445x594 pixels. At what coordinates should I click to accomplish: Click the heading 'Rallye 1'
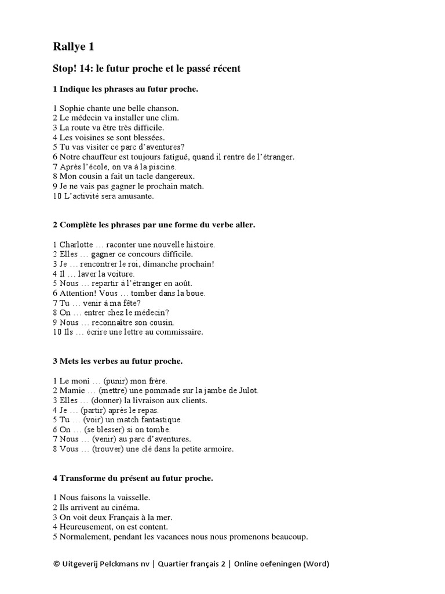click(x=74, y=46)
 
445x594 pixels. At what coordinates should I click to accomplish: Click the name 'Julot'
click(x=246, y=390)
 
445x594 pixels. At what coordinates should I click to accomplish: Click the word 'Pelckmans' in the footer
click(x=123, y=564)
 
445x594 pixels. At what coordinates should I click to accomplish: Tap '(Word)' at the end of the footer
click(x=314, y=564)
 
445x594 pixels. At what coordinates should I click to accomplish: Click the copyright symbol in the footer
click(x=56, y=564)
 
